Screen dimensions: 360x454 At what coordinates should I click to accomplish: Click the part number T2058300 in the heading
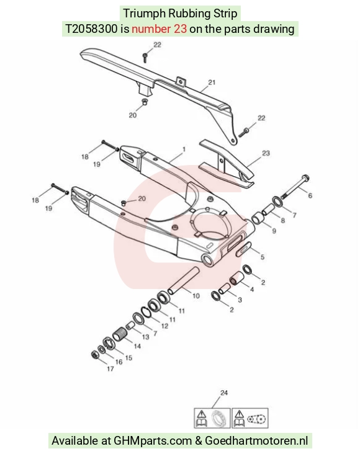pos(91,29)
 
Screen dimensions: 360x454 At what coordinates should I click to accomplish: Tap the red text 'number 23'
pos(159,29)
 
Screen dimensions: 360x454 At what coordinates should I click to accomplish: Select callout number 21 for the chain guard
pos(212,82)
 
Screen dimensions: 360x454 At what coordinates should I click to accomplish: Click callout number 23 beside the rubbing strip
pos(266,153)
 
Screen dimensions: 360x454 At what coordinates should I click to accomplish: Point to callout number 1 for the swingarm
pos(184,149)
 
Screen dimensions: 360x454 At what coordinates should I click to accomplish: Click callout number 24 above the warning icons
pos(224,393)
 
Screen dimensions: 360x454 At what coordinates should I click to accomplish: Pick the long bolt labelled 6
pos(295,187)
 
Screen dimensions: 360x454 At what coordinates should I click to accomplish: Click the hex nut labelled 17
pos(94,355)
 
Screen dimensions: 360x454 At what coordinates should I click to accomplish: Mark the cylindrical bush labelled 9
pos(258,218)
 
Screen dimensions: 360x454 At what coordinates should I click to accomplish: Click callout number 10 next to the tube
pos(196,296)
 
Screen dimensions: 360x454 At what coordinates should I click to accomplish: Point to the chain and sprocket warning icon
pos(250,418)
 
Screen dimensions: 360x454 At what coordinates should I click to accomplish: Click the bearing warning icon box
pos(212,418)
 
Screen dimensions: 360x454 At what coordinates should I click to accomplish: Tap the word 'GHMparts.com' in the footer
pos(153,441)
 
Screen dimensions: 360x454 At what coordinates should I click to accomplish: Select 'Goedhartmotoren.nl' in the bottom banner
pos(256,441)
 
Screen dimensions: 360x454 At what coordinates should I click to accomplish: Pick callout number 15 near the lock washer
pos(128,358)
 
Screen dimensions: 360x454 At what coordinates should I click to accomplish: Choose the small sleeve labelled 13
pos(130,327)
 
